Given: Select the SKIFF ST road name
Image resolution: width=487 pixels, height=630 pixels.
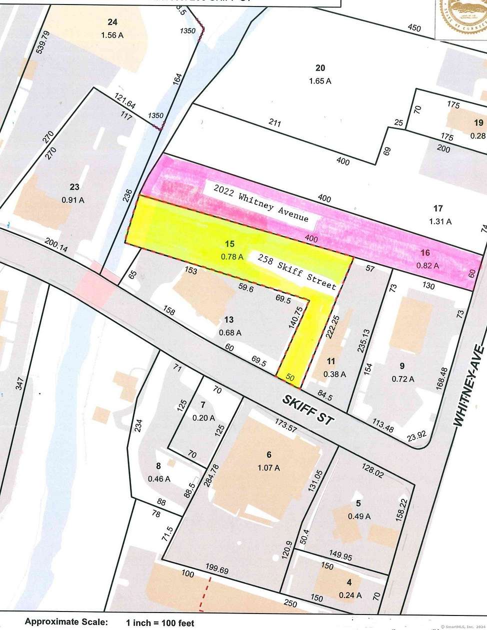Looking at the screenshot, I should pyautogui.click(x=307, y=409).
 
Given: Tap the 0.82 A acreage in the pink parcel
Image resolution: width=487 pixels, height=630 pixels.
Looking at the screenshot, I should pyautogui.click(x=427, y=266).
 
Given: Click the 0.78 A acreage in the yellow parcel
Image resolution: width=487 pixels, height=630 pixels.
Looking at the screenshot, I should pyautogui.click(x=231, y=257).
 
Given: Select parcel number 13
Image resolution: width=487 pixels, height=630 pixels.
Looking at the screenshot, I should pyautogui.click(x=229, y=319).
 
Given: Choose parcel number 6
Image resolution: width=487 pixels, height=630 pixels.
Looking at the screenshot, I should pyautogui.click(x=269, y=454).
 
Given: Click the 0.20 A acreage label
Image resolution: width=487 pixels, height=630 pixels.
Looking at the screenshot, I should pyautogui.click(x=203, y=417).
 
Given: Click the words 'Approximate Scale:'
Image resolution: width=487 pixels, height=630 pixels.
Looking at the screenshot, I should pyautogui.click(x=66, y=622).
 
